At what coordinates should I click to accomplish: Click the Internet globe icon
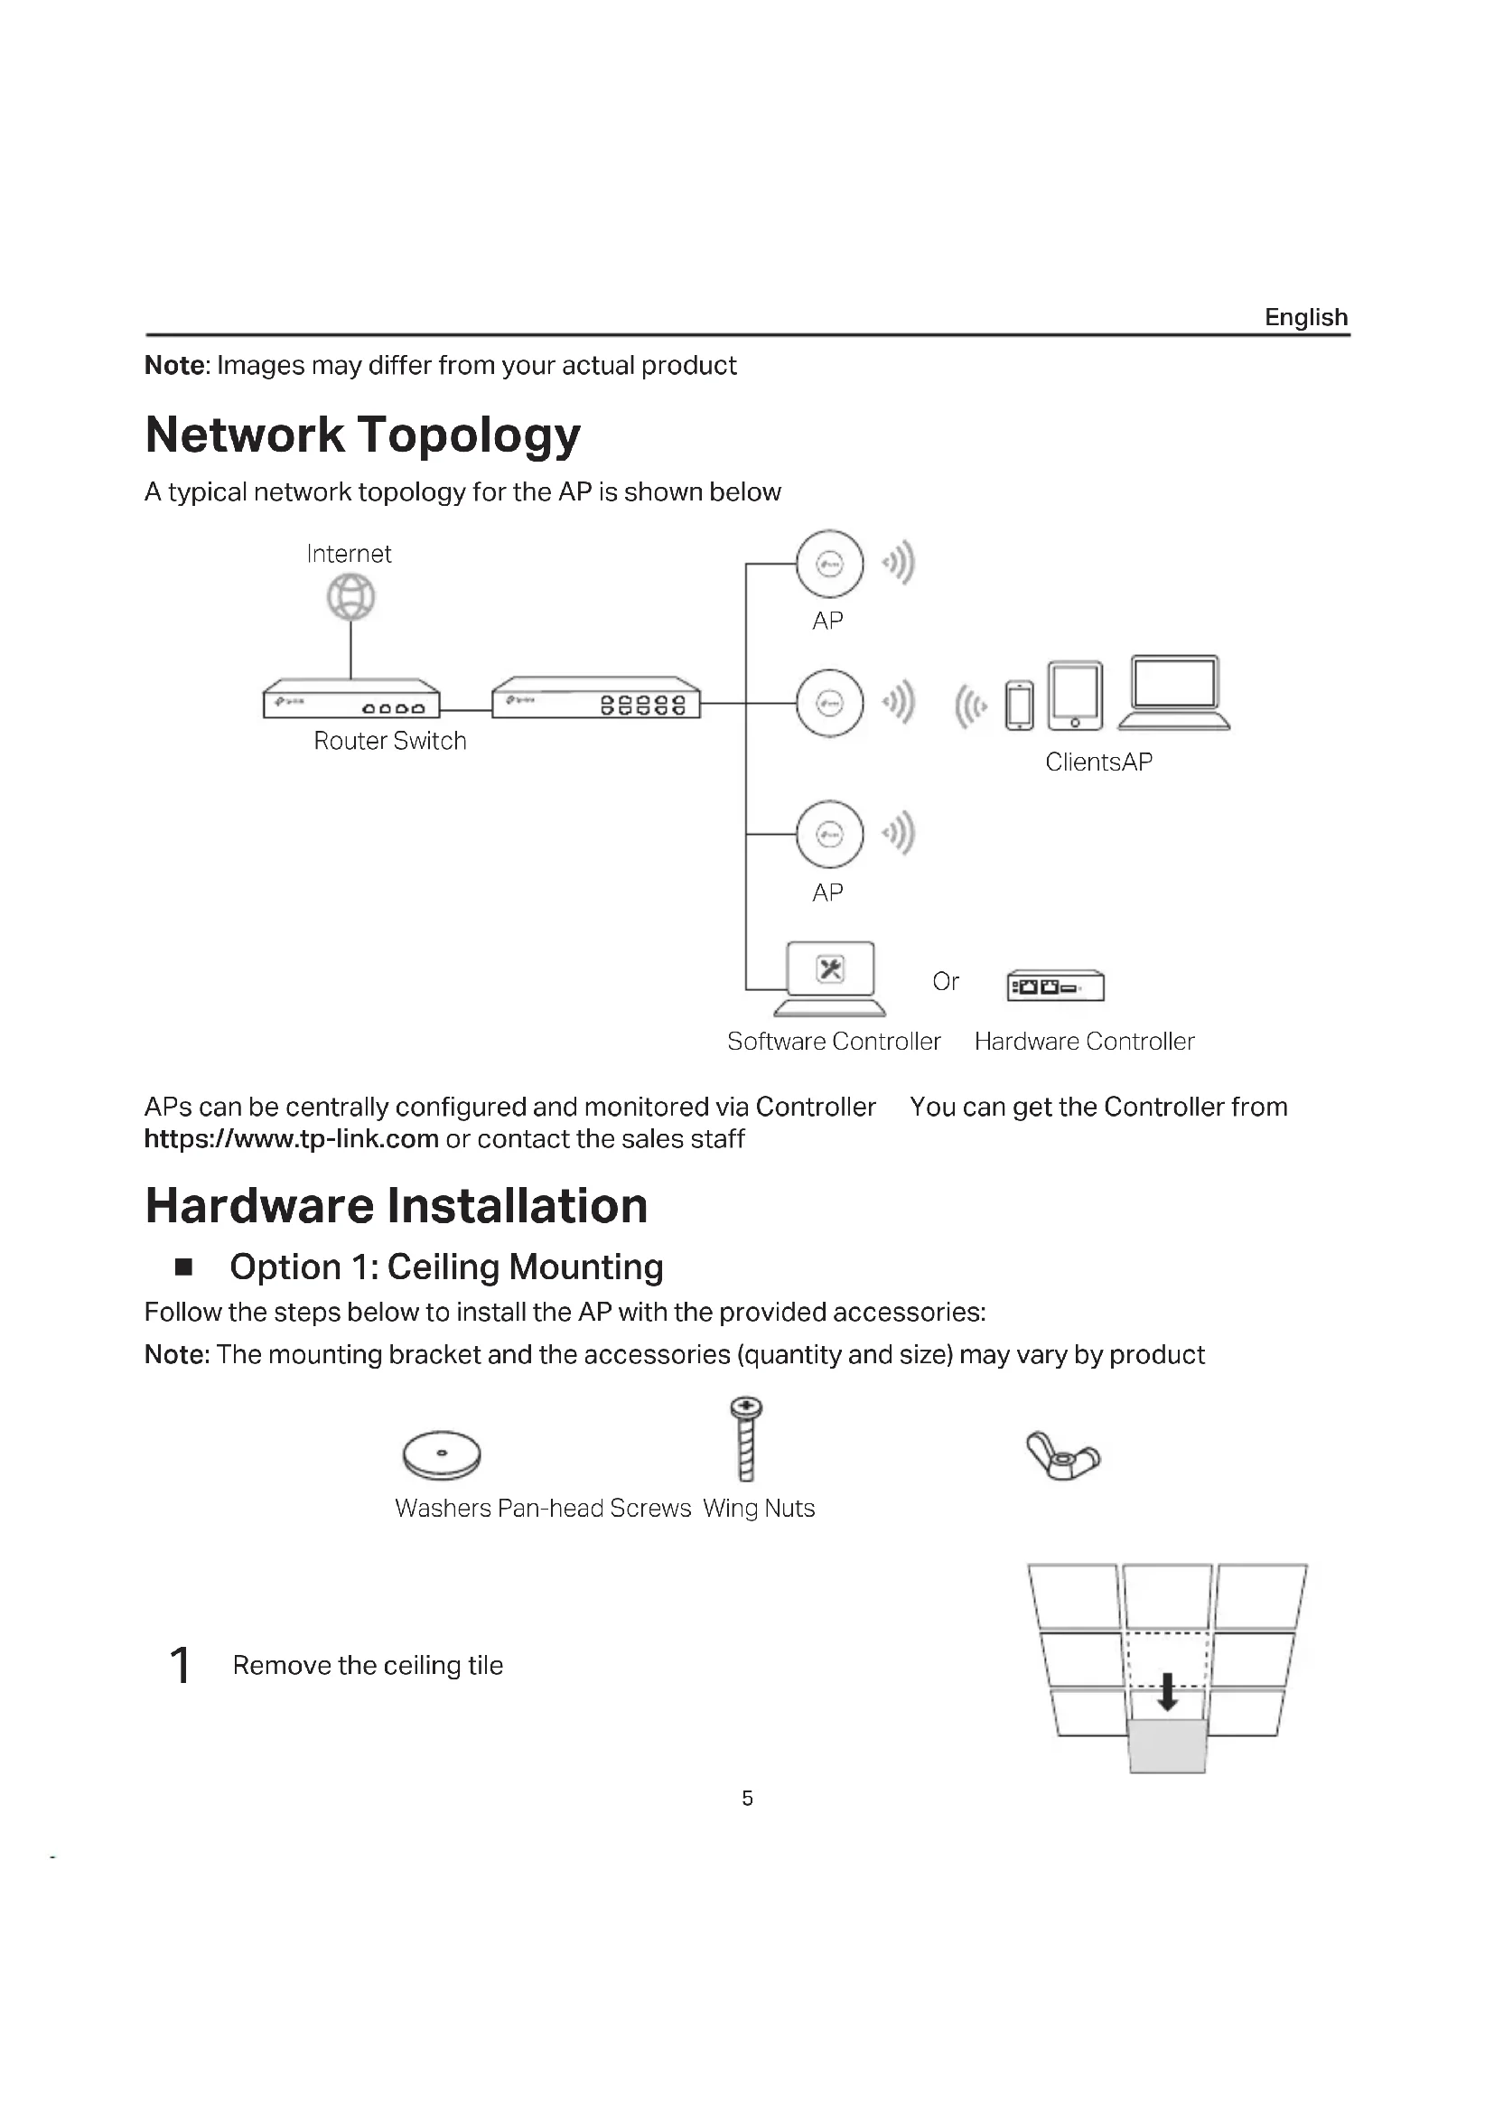point(350,596)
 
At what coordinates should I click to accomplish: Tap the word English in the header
point(1305,317)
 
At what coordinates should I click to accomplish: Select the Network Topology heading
point(362,435)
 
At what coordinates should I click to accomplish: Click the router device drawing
point(350,698)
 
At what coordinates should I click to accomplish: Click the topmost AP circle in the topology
point(829,564)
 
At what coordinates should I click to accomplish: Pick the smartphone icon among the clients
point(1018,705)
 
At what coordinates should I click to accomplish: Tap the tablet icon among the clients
point(1075,695)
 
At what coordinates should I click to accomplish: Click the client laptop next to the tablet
point(1174,693)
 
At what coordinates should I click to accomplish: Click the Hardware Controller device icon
point(1055,986)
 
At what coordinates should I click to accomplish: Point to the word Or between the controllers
point(945,982)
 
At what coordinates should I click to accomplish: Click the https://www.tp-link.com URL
point(291,1139)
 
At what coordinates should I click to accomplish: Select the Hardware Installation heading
point(397,1206)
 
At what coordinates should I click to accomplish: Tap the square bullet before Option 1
point(184,1267)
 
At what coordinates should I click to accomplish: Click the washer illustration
point(442,1454)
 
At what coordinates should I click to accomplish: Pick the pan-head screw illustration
point(746,1438)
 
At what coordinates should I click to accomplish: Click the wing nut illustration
point(1062,1455)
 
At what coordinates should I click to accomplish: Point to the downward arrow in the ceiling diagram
point(1167,1690)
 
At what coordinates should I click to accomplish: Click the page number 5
point(747,1798)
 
